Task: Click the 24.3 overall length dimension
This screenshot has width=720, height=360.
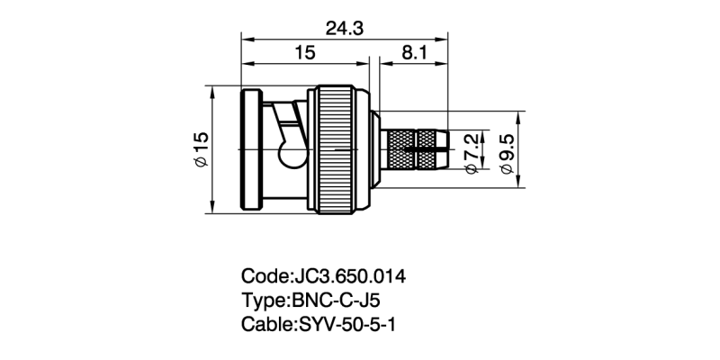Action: [x=345, y=29]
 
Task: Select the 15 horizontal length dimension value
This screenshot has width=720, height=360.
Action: [x=304, y=54]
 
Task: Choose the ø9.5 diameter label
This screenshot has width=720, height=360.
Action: [x=506, y=150]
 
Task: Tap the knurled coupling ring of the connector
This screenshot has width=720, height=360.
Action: [x=337, y=150]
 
